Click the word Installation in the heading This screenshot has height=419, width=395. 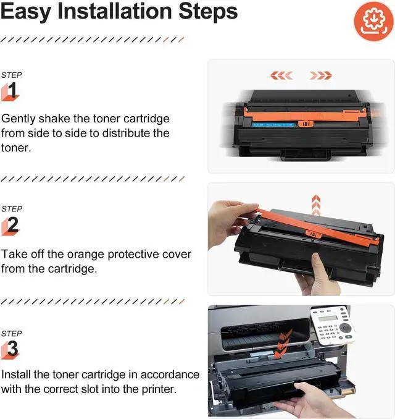coord(115,11)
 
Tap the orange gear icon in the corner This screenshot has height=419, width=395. coord(373,22)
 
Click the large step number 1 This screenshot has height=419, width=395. coord(12,90)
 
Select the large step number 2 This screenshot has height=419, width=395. coord(12,224)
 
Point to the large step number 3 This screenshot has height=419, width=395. coord(12,348)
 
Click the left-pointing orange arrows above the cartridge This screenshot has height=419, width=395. coord(281,75)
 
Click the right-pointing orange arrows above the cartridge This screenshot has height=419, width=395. coord(321,75)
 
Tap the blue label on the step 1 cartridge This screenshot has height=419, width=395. coord(273,125)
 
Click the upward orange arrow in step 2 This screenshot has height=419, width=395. coord(316,205)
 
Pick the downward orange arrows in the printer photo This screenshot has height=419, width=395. coord(283,344)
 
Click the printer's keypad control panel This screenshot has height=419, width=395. coord(333,326)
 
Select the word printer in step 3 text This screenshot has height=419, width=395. coord(159,389)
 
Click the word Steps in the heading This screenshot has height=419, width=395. coord(208,12)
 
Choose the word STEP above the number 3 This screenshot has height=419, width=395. coord(12,334)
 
